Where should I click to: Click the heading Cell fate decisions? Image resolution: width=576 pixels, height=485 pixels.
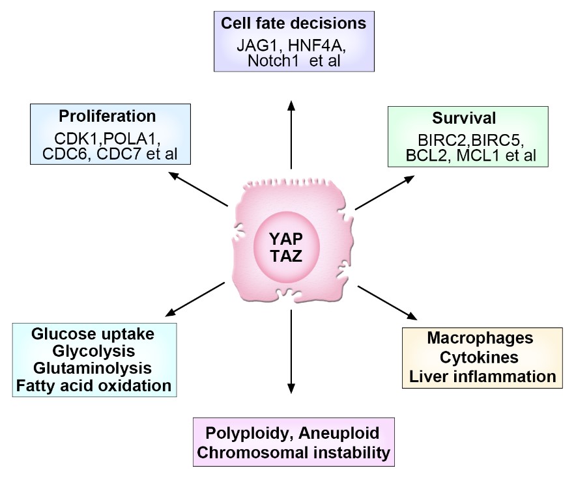(293, 24)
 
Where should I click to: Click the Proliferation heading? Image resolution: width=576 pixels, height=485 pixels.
(108, 116)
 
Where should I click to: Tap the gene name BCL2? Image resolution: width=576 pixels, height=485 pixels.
(440, 155)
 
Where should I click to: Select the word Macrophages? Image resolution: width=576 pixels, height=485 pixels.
(480, 339)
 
